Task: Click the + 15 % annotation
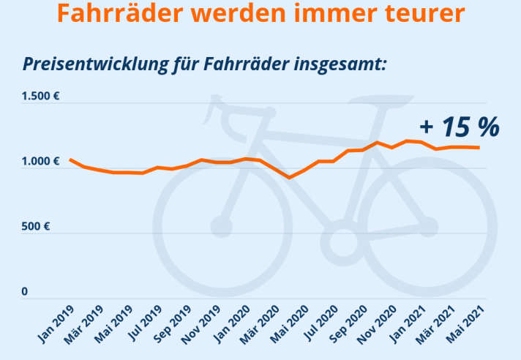(x=460, y=127)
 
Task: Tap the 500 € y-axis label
(x=36, y=227)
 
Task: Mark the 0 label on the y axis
(x=24, y=292)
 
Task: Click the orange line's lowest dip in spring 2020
(x=290, y=177)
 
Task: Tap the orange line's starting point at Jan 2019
(x=70, y=160)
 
